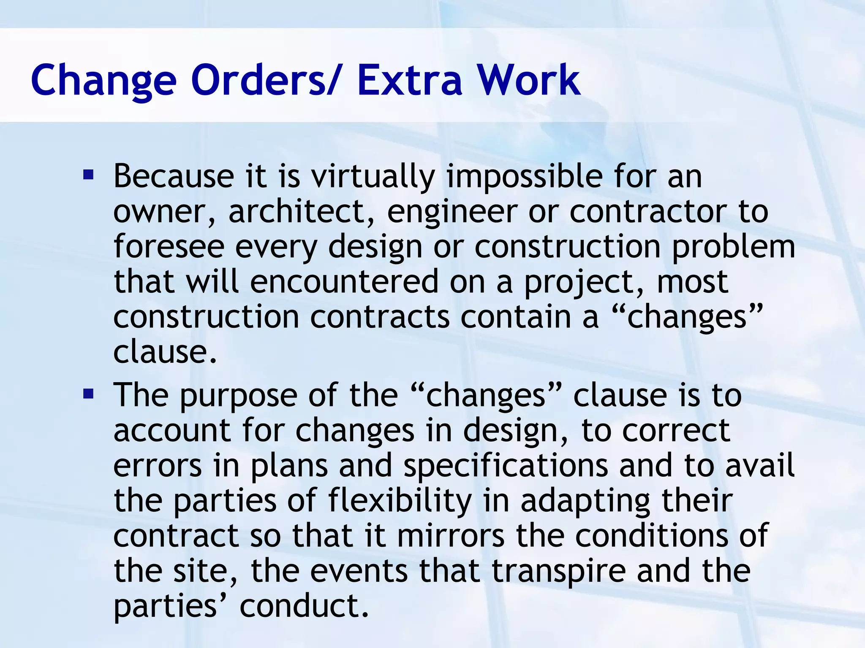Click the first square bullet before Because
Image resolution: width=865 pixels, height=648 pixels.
coord(88,174)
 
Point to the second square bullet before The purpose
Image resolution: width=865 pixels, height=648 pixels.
coord(88,394)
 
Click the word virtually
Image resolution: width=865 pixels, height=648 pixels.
coord(373,176)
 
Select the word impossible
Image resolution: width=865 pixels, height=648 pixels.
coord(525,176)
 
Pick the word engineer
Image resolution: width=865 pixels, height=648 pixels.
coord(452,212)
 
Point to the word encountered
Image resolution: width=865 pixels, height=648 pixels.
coord(344,282)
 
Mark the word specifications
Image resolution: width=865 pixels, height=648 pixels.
coord(506,466)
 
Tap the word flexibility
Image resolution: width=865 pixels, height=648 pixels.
coord(400,501)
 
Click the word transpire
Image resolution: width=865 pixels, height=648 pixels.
coord(559,572)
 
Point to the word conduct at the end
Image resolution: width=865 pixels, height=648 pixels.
coord(304,606)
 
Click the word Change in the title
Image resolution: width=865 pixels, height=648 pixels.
coord(103,80)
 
